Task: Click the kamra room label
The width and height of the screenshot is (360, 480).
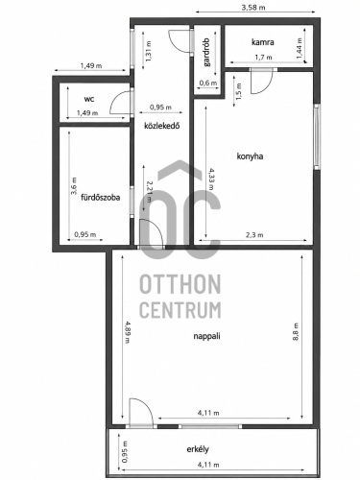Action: click(x=263, y=42)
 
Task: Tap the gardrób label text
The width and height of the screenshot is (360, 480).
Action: click(x=207, y=52)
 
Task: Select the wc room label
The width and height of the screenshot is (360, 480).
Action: click(x=89, y=99)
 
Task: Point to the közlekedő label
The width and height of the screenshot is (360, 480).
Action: click(x=162, y=126)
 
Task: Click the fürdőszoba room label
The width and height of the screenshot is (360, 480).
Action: click(x=101, y=198)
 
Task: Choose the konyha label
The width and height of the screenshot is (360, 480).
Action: click(x=250, y=156)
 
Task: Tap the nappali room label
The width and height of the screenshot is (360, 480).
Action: click(x=206, y=336)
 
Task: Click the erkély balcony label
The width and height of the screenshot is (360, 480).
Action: click(x=198, y=449)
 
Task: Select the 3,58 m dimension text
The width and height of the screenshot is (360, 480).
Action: click(x=253, y=8)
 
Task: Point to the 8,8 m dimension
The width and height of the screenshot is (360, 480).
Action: click(x=296, y=332)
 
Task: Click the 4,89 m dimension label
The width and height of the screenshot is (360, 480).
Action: click(x=128, y=332)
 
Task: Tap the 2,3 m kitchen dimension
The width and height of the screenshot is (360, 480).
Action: click(x=254, y=235)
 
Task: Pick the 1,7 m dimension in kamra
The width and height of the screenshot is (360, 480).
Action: click(x=263, y=58)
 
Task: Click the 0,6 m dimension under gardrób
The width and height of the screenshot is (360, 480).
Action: click(x=208, y=83)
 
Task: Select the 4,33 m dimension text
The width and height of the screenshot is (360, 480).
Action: click(x=211, y=180)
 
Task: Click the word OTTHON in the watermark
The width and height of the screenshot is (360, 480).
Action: click(x=180, y=284)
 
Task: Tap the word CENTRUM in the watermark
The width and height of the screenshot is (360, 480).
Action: click(x=180, y=310)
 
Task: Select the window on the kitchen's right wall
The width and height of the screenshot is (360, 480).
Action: click(x=317, y=136)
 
